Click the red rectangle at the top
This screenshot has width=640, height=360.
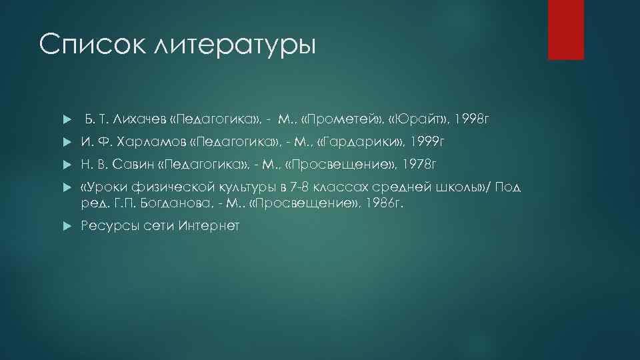pyautogui.click(x=565, y=29)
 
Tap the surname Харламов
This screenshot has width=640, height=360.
pyautogui.click(x=151, y=141)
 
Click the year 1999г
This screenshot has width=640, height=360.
pyautogui.click(x=423, y=141)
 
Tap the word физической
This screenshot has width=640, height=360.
pyautogui.click(x=170, y=187)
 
